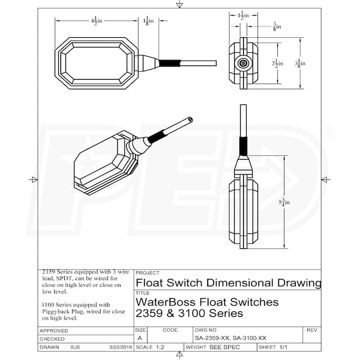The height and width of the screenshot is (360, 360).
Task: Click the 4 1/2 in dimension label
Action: coord(96,21)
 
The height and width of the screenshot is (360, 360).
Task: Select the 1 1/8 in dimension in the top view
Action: coord(149,21)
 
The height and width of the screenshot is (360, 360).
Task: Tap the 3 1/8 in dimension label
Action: coord(299,63)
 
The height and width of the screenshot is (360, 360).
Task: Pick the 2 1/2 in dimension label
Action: coord(277,63)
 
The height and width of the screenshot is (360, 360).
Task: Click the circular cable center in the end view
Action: coord(244,63)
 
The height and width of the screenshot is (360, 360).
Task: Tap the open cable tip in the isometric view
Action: coord(190,119)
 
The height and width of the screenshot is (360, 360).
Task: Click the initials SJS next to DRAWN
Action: coord(76,347)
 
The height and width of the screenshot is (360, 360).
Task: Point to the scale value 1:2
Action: coord(160,347)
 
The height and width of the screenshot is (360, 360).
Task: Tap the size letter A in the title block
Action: coord(139,338)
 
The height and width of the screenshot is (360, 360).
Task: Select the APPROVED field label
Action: coord(53,331)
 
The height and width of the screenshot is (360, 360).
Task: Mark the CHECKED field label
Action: coord(52,339)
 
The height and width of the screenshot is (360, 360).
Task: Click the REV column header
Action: coord(311,330)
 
